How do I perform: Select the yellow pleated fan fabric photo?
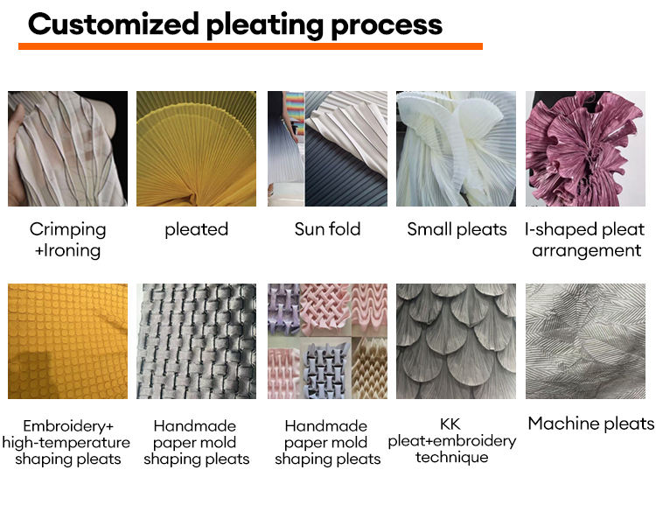point(196,149)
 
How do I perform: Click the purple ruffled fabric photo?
point(584,149)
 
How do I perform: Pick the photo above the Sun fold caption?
point(327,149)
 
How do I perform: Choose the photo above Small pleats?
point(457,149)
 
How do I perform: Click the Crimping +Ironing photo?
point(67,149)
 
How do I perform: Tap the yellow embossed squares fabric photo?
point(67,341)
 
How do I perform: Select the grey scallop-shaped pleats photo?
point(457,341)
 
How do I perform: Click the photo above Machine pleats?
point(584,341)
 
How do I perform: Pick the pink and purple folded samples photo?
point(327,341)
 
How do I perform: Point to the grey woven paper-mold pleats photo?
point(196,341)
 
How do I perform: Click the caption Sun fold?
point(327,229)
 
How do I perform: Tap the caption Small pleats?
point(457,229)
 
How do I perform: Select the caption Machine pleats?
point(590,424)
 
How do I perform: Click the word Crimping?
point(67,229)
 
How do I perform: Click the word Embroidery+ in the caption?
point(68,426)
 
